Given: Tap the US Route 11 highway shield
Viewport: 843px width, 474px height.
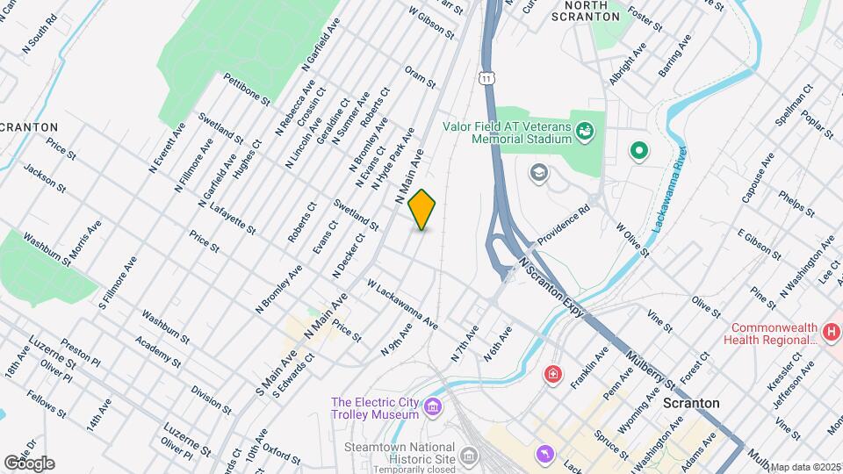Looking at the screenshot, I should [486, 79].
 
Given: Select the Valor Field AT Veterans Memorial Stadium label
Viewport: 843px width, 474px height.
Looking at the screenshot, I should [508, 133].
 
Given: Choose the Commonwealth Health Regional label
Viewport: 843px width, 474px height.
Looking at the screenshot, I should [768, 332].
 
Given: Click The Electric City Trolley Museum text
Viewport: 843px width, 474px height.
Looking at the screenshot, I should [374, 408].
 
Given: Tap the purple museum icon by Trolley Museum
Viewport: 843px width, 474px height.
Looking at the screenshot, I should [432, 407].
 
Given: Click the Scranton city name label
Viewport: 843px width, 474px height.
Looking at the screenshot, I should [692, 403].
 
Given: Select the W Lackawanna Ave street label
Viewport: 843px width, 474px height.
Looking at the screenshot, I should [402, 305].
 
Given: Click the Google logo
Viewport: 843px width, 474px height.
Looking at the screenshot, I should [28, 463].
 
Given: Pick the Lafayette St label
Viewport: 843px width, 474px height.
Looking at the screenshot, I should [233, 219].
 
